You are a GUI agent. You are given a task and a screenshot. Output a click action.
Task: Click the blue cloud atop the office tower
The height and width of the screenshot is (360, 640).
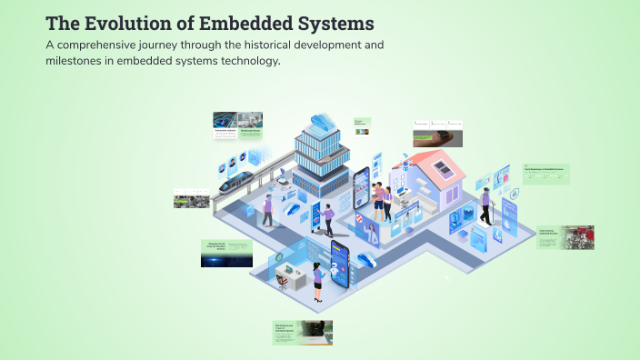321,121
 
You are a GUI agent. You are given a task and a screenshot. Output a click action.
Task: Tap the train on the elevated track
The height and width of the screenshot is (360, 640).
238,182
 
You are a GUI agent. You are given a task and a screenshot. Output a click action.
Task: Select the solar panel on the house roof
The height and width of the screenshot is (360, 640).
443,167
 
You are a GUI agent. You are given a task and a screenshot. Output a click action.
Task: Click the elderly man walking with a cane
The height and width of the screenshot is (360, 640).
486,206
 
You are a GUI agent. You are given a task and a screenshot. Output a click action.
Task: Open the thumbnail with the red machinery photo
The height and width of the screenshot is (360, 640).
565,238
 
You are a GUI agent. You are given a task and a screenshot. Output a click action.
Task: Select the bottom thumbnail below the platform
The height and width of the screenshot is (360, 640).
303,333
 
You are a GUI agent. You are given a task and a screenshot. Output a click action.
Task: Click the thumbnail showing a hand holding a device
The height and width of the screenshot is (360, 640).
436,134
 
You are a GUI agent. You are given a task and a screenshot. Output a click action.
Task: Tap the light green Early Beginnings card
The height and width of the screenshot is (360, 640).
546,174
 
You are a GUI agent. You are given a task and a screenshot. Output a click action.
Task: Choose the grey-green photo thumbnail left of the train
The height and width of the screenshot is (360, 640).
192,198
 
